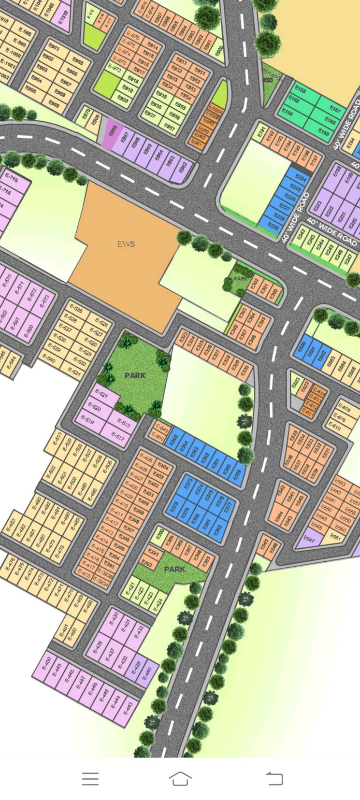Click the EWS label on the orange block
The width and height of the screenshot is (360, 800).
pos(126,244)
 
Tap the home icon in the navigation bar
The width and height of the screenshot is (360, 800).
pos(180,778)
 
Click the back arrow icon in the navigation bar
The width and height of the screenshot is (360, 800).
pos(274,778)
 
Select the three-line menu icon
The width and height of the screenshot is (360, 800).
pos(90,778)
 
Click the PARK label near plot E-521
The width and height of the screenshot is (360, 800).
pos(135,375)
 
